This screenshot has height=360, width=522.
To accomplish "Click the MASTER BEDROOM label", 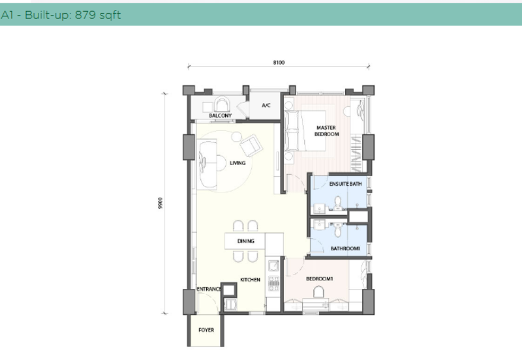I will [x=327, y=131].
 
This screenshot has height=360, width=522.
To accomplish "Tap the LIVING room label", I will [x=237, y=164].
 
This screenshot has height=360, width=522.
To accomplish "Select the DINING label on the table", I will [x=245, y=241].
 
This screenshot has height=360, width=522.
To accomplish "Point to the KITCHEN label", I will [x=250, y=280].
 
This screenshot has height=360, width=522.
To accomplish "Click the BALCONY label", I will [x=221, y=116].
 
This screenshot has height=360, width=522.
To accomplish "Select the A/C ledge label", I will [x=266, y=105].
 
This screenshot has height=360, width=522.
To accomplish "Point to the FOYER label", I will [x=206, y=331].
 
